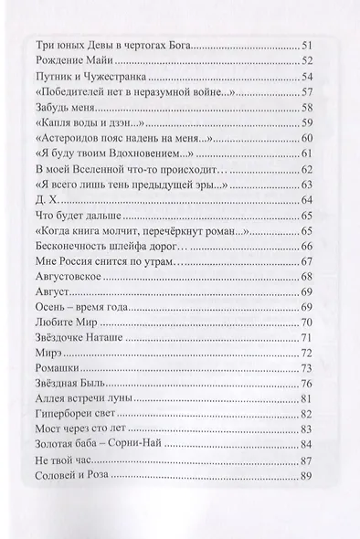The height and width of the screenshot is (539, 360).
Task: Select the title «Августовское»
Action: tap(66, 276)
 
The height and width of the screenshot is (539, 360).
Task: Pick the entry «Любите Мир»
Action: tap(63, 322)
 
